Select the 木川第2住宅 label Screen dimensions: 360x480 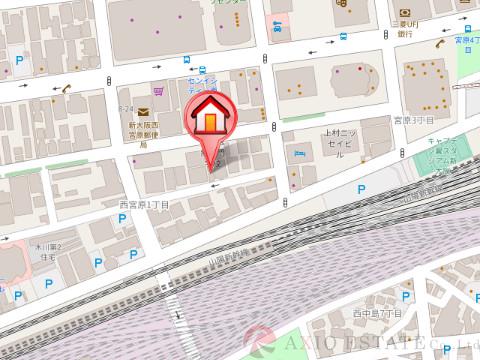(46, 247)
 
